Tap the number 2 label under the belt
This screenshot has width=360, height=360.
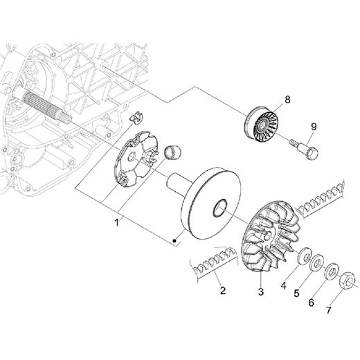[222, 290]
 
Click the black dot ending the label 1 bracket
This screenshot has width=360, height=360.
[174, 241]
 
